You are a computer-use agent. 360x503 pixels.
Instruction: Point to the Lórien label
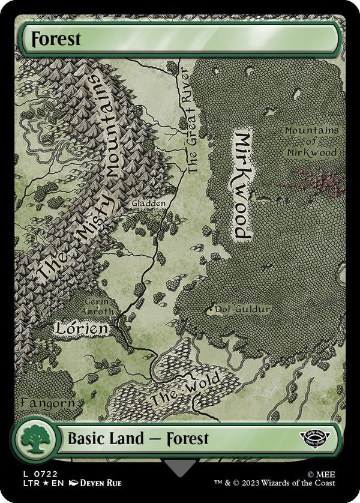click(82, 328)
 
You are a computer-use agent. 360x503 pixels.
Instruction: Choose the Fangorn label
click(48, 402)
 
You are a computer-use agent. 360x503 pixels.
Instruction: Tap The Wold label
click(186, 389)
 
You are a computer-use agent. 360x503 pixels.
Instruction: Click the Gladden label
click(149, 203)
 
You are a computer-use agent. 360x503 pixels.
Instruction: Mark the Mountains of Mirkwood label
click(311, 141)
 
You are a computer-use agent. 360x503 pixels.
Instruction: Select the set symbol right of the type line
click(319, 438)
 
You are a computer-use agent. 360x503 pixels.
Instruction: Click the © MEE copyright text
click(323, 474)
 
